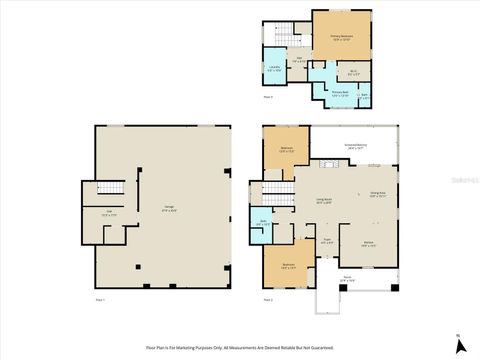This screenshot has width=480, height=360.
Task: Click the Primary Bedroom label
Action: [342, 37]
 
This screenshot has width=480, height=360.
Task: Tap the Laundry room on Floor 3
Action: [274, 70]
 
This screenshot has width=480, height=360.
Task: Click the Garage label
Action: [170, 209]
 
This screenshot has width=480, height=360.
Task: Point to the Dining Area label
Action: [378, 194]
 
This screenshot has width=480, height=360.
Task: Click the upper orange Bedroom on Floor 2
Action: [286, 150]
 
